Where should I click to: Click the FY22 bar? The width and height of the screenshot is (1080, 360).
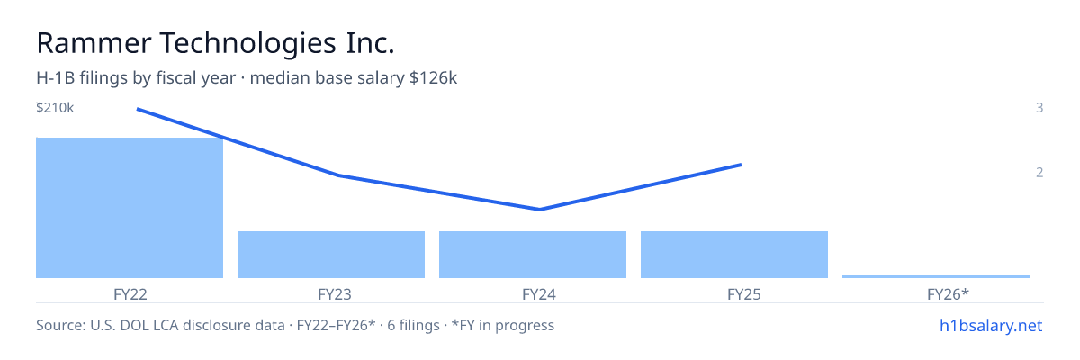(x=130, y=208)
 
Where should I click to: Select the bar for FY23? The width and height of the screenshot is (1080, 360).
(x=331, y=255)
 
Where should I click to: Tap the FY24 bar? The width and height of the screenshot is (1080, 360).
(x=533, y=255)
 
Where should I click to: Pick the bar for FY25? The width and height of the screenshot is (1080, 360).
(x=734, y=255)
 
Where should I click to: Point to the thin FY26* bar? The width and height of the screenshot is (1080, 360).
(x=936, y=276)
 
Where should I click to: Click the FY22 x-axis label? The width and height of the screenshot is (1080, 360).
(x=130, y=294)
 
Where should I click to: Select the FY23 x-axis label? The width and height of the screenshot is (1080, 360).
(x=335, y=294)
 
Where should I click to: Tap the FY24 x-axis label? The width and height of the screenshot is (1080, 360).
(x=539, y=294)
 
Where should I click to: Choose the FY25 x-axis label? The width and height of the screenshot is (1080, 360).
(x=744, y=294)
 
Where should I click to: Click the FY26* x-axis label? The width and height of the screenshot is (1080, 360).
(x=948, y=294)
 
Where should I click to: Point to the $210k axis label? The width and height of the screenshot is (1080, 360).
(x=55, y=108)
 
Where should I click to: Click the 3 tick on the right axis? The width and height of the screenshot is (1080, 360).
(x=1039, y=107)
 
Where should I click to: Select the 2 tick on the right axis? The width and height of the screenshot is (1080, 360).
(x=1039, y=172)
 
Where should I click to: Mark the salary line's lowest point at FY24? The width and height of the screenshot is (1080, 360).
(x=539, y=210)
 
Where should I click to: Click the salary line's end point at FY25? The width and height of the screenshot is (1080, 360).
(x=741, y=165)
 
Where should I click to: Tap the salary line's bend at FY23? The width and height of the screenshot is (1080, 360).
(x=338, y=175)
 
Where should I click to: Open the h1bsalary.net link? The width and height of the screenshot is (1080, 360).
(x=991, y=325)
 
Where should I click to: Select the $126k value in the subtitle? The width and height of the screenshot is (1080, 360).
(x=433, y=78)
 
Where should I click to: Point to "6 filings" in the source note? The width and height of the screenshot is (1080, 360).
(x=413, y=325)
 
